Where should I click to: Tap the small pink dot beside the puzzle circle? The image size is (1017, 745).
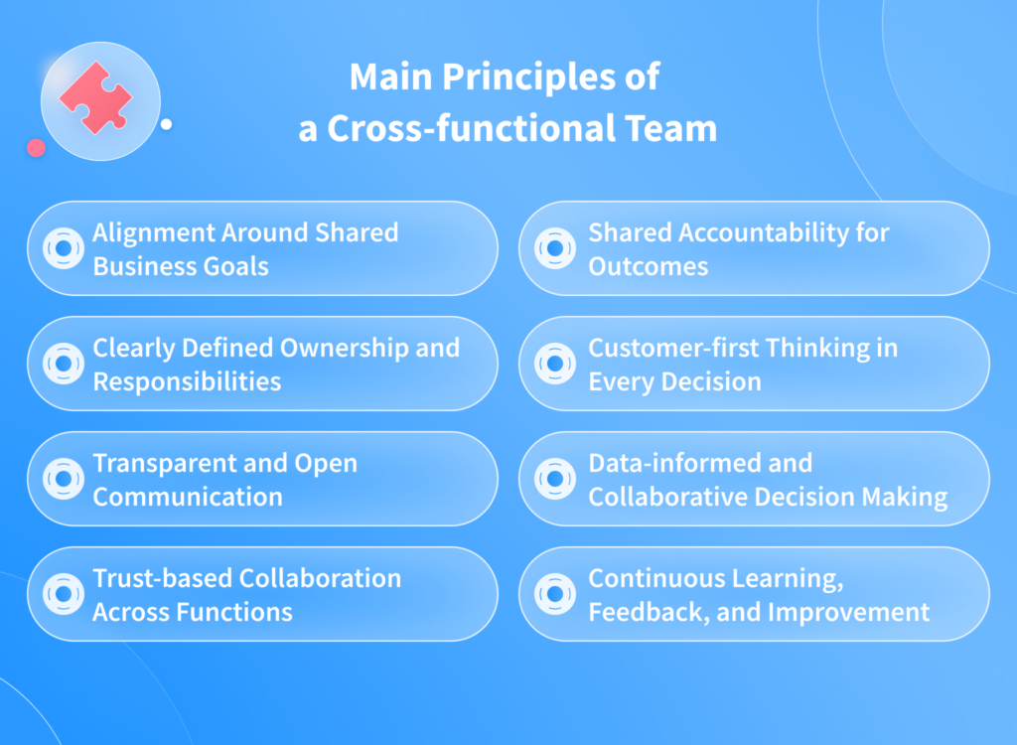37,148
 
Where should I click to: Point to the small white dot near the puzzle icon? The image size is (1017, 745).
166,124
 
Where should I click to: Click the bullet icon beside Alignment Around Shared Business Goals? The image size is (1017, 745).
64,248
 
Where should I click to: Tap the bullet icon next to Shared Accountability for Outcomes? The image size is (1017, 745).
555,248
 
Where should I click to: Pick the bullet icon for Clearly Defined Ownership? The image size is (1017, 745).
64,364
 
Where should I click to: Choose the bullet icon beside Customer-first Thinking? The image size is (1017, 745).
555,364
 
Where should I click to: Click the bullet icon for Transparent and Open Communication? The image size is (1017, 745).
64,479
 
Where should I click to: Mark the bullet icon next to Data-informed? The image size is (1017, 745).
555,479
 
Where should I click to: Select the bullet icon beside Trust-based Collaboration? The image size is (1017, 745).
64,594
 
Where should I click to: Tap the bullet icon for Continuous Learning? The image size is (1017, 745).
555,594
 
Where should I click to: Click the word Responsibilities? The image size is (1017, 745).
187,381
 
